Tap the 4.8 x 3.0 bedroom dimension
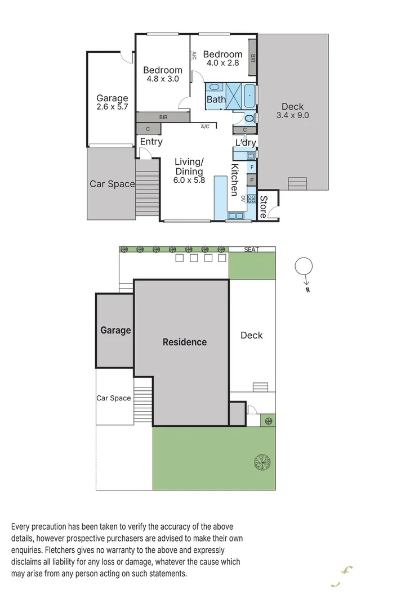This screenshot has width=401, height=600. click(162, 79)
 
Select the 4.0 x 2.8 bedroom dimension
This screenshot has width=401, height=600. click(222, 63)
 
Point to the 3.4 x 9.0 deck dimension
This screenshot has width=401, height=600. click(292, 115)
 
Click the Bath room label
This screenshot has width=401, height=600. click(216, 100)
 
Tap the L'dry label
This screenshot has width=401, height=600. click(246, 143)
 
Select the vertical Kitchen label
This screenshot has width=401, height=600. click(234, 179)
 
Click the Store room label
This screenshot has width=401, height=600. click(262, 206)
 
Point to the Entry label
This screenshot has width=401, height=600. click(151, 142)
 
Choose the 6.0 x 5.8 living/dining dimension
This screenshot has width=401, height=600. click(189, 181)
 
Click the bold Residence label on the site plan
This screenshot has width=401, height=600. click(185, 342)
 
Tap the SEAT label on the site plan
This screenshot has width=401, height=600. click(252, 249)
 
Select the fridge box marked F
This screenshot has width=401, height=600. click(252, 167)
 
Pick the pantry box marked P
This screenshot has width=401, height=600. click(252, 180)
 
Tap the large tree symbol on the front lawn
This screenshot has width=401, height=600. click(262, 461)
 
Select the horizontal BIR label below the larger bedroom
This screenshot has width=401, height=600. click(163, 118)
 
